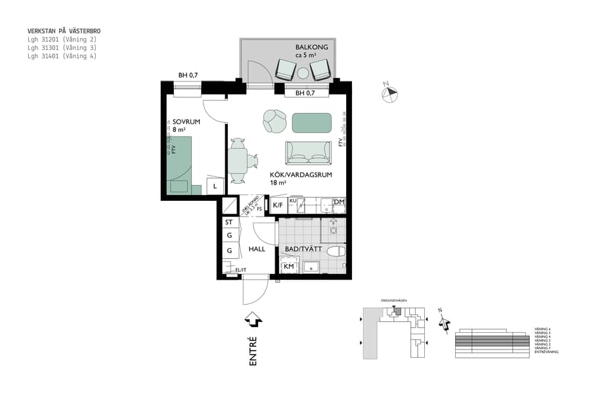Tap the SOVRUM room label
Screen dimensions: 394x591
pos(186,122)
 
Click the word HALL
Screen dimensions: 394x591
pos(257,250)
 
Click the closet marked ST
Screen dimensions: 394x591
pos(229,223)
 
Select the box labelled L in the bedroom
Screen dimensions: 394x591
pos(215,186)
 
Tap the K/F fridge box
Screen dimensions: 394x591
pos(278,206)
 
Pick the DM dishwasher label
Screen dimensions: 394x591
pos(339,202)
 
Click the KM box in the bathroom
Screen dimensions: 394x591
pos(288,267)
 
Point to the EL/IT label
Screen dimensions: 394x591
pos(240,270)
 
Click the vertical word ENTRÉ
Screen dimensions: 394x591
pos(253,350)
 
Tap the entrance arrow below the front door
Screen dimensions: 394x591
pos(253,319)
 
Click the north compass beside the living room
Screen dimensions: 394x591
pos(389,94)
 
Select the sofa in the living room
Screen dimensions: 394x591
pos(308,153)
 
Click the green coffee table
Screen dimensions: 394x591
pos(312,122)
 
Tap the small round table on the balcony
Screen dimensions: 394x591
pos(303,73)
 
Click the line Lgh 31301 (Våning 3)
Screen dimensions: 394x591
pos(62,48)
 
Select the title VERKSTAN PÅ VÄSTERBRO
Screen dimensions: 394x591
pos(64,31)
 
